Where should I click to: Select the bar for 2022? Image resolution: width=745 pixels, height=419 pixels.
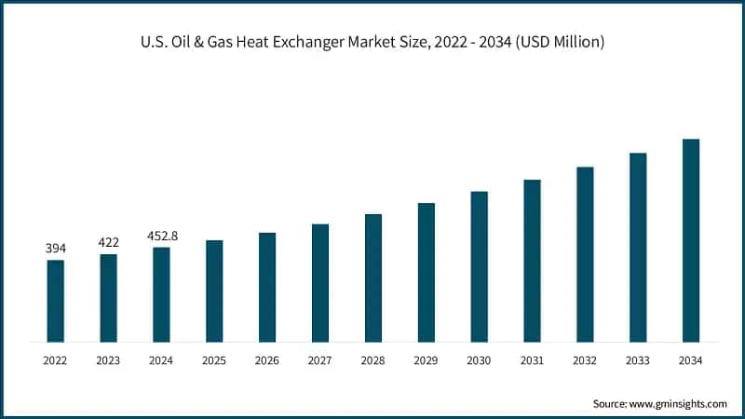[56, 301]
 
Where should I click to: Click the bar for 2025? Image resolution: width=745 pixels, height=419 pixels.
[214, 291]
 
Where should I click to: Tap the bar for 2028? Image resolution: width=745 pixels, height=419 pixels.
[373, 277]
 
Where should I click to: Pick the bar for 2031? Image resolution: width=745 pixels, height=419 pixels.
[532, 261]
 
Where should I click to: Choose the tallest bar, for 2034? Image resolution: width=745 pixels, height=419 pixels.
[691, 240]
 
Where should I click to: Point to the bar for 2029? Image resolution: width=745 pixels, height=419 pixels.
[427, 272]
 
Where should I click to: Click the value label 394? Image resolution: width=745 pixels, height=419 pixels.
[56, 248]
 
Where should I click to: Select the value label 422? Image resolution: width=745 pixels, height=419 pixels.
[109, 242]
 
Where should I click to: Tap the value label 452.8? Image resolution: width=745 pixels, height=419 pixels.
[161, 236]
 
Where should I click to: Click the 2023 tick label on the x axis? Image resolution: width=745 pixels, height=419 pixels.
[109, 359]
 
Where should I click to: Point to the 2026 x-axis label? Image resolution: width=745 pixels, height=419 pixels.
[267, 359]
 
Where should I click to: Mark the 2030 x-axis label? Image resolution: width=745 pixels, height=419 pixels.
[479, 359]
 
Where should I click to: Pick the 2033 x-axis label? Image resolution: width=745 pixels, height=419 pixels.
[638, 359]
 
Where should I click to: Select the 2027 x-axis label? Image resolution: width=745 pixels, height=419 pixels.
[320, 359]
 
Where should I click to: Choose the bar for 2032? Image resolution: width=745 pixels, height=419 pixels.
[585, 254]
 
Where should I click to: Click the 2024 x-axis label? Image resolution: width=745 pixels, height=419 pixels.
[161, 359]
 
